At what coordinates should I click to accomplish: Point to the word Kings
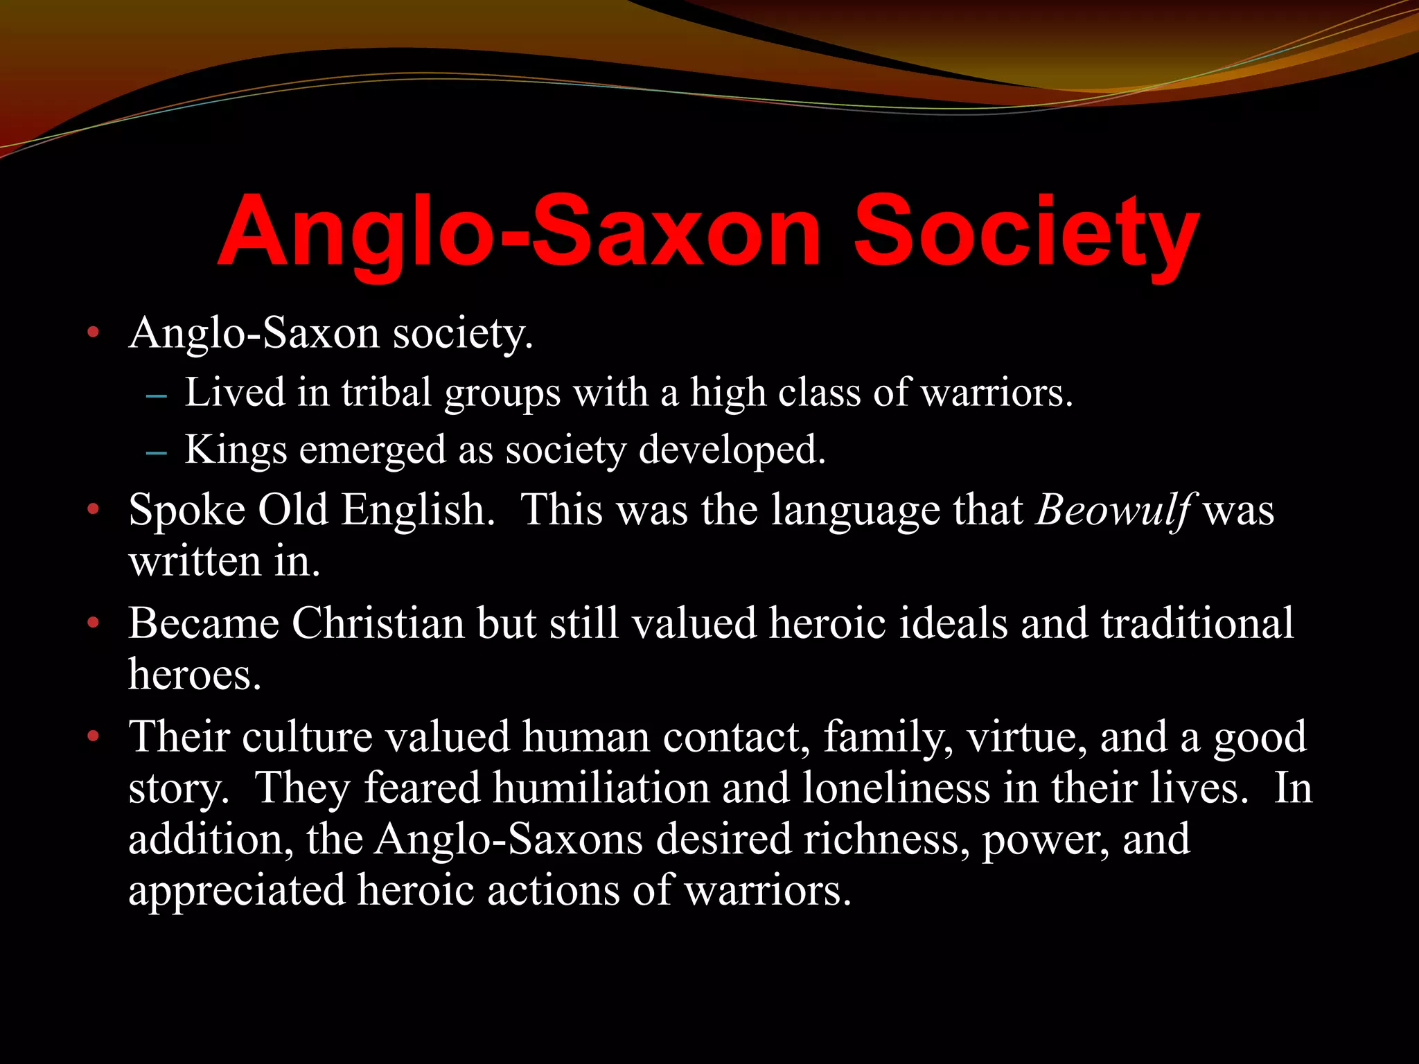point(236,450)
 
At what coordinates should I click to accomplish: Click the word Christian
point(378,623)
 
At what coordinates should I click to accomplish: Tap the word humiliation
point(601,788)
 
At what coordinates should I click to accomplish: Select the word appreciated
point(236,891)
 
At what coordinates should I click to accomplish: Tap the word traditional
point(1197,623)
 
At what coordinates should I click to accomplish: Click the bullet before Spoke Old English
point(94,511)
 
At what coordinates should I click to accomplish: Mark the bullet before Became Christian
point(94,623)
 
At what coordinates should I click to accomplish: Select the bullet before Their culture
point(94,736)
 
